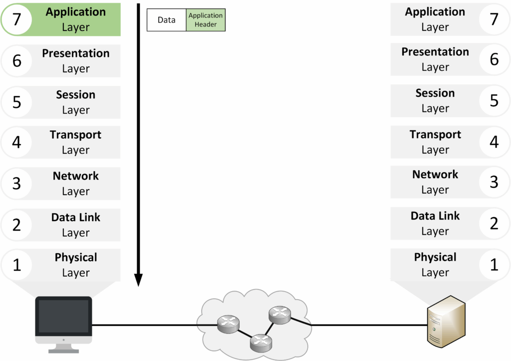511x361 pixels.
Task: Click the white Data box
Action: (x=167, y=20)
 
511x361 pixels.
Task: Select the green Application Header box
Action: (x=206, y=20)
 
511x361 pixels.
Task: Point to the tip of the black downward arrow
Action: (x=139, y=285)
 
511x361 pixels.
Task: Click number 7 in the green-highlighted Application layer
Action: (x=17, y=20)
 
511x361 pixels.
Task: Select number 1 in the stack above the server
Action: (x=494, y=265)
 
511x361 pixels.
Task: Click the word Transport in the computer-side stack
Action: (x=75, y=135)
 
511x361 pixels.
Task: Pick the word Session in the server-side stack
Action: (x=435, y=93)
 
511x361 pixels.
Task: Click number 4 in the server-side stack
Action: (x=494, y=142)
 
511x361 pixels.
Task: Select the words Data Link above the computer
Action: (x=75, y=217)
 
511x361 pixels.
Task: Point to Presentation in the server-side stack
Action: (x=435, y=52)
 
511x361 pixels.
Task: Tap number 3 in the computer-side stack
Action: (x=17, y=183)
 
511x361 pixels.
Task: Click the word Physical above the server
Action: (x=435, y=257)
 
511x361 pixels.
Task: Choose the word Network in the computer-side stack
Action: (x=75, y=176)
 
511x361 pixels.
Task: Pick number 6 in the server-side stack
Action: (x=494, y=59)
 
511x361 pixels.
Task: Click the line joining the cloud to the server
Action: (x=369, y=325)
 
